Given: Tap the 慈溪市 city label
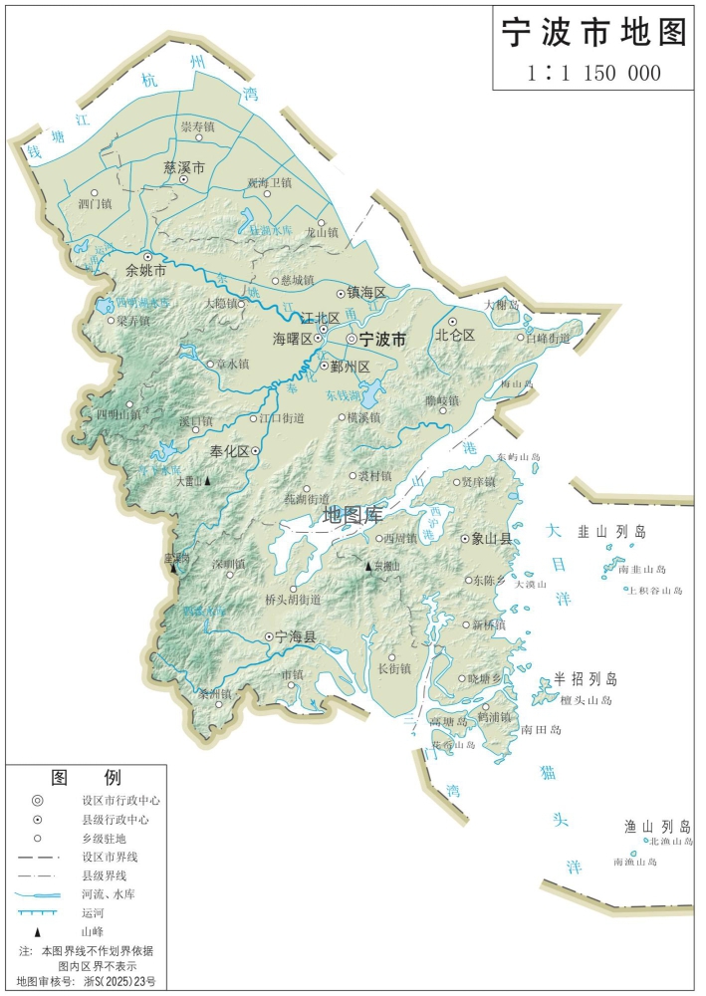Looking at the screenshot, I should point(184,168).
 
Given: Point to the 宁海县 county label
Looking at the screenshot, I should point(296,635).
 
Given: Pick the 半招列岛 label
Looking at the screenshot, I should point(587,679).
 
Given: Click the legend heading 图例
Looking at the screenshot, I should point(86,777).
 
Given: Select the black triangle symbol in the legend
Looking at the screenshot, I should point(38,931).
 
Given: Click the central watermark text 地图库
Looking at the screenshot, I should point(353,516).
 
